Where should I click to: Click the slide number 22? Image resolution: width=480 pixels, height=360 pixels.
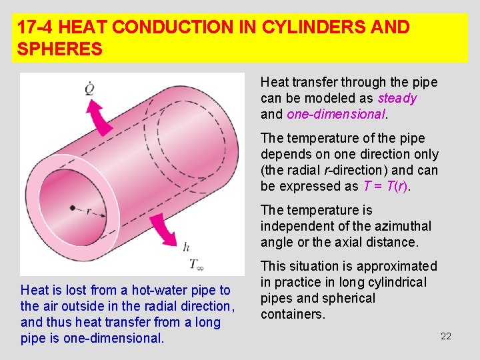click(446, 336)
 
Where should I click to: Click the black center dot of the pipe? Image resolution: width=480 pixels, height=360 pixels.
click(72, 208)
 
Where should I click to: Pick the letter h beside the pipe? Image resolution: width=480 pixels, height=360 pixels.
click(186, 247)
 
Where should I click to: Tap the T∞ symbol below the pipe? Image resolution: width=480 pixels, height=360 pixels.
click(196, 265)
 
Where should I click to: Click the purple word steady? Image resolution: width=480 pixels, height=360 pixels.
click(397, 99)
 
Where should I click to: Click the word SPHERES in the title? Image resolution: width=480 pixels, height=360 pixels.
click(60, 49)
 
